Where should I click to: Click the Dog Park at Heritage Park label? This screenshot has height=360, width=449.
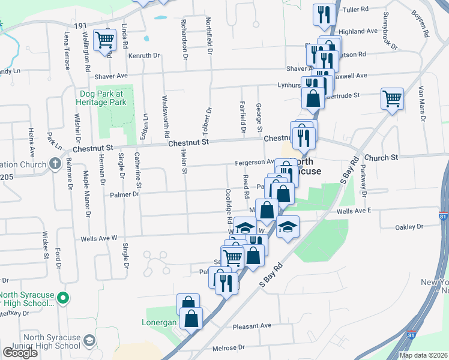[103, 98]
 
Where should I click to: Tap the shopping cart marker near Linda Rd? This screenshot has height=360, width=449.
[105, 40]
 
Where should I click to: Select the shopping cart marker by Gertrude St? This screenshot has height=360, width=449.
[392, 97]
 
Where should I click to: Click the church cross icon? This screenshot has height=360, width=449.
[55, 164]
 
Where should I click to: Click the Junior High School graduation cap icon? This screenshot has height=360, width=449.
[89, 341]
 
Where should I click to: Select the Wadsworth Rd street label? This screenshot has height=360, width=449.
[166, 117]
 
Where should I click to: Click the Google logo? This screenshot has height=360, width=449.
[20, 353]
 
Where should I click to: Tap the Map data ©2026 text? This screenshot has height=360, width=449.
[423, 355]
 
